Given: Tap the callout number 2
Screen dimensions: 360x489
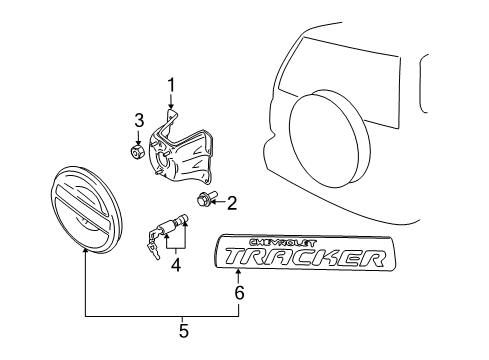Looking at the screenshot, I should [232, 204].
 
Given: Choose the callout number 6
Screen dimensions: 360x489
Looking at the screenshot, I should [238, 294].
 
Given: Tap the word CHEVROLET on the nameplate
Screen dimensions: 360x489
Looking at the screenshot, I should [258, 243].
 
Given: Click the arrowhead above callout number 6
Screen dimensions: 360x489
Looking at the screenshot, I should [238, 276].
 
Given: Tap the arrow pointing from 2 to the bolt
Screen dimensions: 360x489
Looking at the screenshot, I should [219, 202].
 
